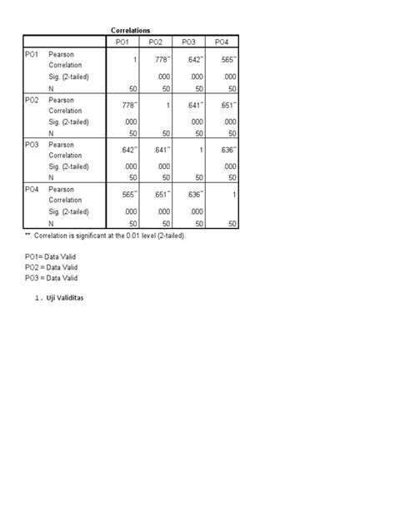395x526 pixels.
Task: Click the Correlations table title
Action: click(130, 31)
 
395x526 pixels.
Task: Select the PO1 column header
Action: click(122, 42)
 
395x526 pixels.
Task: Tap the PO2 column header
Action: click(155, 42)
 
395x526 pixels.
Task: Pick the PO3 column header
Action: click(188, 42)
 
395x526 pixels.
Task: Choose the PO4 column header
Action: click(221, 42)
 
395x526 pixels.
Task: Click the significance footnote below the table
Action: click(106, 236)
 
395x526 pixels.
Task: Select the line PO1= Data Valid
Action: click(51, 257)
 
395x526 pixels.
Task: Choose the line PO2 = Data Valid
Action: click(51, 267)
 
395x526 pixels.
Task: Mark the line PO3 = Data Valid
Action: click(51, 278)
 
